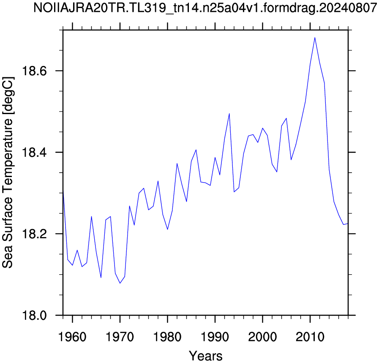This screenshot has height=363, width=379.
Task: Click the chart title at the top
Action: (x=205, y=8)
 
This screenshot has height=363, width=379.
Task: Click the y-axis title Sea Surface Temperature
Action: (x=8, y=172)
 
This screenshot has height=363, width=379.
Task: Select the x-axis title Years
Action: (x=206, y=356)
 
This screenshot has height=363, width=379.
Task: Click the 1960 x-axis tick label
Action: (x=72, y=337)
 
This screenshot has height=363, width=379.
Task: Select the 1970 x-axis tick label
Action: (x=120, y=337)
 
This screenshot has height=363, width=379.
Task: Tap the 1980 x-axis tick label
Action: (x=167, y=337)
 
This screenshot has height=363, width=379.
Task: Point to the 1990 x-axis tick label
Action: (x=215, y=337)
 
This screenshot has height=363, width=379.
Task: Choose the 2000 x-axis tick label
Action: (x=262, y=337)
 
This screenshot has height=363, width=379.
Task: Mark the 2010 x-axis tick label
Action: (x=310, y=337)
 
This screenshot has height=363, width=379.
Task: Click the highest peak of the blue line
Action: (x=315, y=38)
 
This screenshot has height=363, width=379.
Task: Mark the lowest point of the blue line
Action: (x=120, y=283)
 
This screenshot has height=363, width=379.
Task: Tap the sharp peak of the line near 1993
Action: (x=229, y=114)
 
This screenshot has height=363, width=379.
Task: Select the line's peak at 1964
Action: (x=91, y=216)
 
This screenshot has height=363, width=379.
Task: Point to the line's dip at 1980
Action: (x=167, y=229)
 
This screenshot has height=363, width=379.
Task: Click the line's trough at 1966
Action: (x=101, y=278)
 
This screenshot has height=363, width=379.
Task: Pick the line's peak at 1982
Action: (x=177, y=164)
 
